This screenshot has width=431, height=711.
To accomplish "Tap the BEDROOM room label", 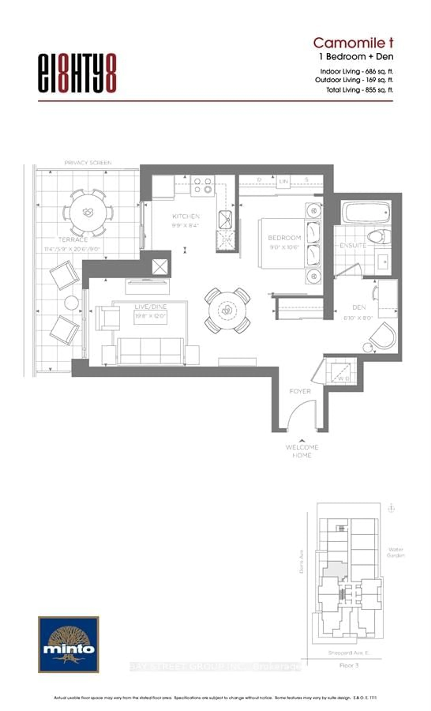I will (284, 238).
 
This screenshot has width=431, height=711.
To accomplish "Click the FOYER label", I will (300, 391).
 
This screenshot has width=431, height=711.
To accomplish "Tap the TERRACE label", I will (73, 239).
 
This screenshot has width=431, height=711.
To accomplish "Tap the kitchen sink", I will (225, 219).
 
